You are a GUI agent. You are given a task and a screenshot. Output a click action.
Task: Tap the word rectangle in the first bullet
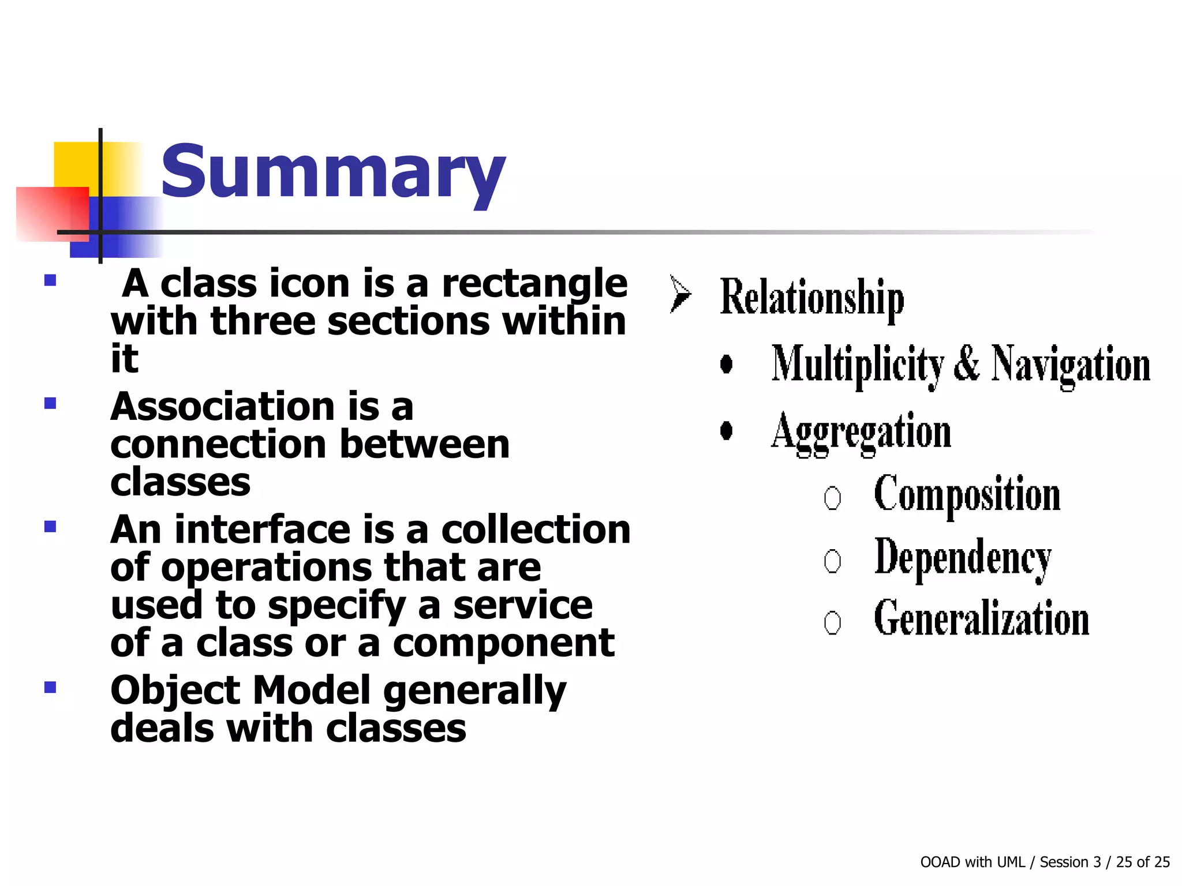(534, 284)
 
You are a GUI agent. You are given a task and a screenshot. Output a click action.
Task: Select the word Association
(223, 407)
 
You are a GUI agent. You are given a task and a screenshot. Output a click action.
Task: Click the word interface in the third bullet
(263, 530)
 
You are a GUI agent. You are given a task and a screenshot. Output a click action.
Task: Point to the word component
(503, 643)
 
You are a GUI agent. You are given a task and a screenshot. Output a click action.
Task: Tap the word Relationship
(811, 298)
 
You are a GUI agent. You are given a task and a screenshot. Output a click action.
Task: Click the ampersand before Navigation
(967, 363)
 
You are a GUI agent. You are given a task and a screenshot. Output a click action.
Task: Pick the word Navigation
(1071, 365)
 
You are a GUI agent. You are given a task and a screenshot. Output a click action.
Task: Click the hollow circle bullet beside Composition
(832, 498)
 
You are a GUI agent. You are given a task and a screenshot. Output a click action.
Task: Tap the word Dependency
(963, 558)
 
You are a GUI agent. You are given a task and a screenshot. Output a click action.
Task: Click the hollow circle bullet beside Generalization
(832, 622)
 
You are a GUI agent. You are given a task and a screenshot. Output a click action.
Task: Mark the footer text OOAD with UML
(972, 862)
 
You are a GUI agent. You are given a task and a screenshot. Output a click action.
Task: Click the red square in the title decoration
(52, 213)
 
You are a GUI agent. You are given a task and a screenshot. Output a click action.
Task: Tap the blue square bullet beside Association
(50, 403)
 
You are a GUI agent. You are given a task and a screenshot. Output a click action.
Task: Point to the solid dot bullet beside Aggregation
(727, 430)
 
